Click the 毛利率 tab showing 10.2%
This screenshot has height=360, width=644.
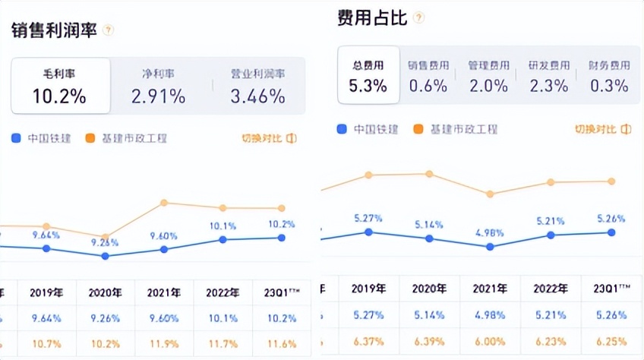click(59, 86)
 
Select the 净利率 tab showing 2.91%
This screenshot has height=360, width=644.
click(158, 86)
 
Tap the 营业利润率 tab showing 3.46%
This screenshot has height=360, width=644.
click(257, 86)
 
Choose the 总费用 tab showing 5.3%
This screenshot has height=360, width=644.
click(368, 75)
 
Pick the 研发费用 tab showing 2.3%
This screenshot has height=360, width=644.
click(549, 75)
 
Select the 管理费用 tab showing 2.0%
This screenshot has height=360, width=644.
click(488, 75)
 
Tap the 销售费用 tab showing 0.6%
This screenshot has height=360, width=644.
click(428, 75)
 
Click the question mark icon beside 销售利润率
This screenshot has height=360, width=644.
click(108, 30)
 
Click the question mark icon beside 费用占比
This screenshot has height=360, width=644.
click(419, 17)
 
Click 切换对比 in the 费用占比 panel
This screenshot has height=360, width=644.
click(601, 129)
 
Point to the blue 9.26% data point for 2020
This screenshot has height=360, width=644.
click(106, 256)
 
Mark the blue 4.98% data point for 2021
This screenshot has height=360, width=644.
click(490, 246)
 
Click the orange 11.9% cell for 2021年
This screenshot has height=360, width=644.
click(164, 343)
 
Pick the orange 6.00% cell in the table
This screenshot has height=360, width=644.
click(490, 343)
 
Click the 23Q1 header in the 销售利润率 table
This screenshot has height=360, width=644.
click(281, 292)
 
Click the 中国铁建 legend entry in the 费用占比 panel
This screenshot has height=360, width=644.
click(368, 129)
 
